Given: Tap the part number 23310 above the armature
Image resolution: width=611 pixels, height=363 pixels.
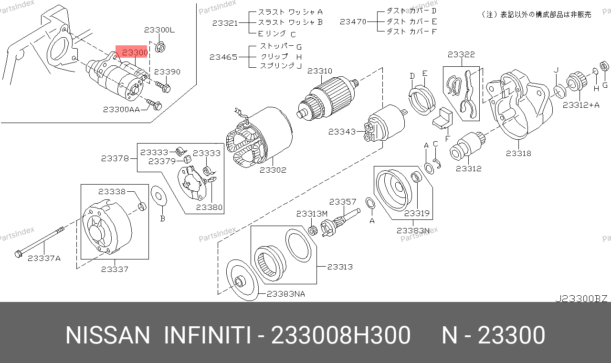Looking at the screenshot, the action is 320,71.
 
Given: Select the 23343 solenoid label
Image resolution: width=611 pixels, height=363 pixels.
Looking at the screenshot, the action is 342,132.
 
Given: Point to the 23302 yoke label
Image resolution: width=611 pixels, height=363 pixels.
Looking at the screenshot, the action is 273,170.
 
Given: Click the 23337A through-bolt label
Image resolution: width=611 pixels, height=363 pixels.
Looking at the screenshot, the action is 44,258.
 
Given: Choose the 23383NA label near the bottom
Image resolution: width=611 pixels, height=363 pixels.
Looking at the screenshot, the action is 285,294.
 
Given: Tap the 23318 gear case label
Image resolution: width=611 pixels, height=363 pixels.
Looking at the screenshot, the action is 518,154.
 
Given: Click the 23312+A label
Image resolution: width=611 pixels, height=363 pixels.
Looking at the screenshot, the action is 581,105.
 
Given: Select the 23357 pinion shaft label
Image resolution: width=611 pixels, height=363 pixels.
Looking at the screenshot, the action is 343,202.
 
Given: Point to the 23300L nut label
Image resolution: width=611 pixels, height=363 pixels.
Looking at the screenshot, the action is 159,30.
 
